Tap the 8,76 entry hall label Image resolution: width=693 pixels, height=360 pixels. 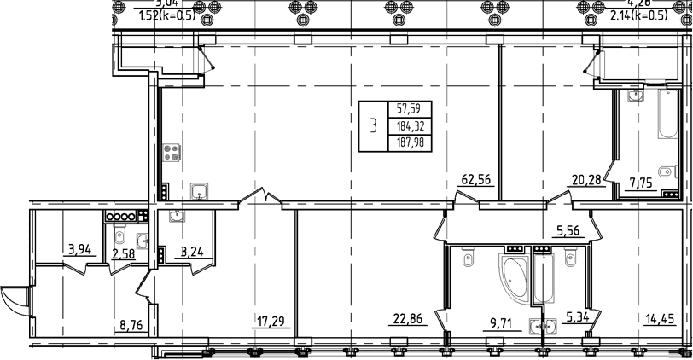(x=131, y=324)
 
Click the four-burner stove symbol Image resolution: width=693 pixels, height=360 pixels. (x=172, y=153)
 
